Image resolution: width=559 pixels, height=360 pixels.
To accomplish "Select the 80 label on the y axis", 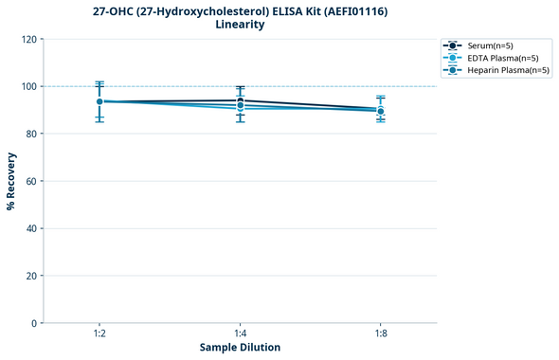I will tap(30, 134).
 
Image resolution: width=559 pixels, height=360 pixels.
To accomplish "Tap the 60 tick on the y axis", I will tap(30, 181).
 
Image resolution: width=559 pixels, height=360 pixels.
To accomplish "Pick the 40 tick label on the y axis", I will tap(30, 228).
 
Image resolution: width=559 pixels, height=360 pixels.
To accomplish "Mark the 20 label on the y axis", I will tap(30, 276).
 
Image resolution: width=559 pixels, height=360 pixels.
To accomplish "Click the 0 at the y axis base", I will tap(33, 323).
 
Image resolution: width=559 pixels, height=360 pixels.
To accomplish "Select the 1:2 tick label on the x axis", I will tap(99, 333).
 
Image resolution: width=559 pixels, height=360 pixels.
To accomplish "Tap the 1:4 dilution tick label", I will tap(240, 333).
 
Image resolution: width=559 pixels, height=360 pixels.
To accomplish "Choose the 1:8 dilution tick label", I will tap(380, 333).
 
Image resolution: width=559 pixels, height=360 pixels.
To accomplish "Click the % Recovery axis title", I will tap(11, 181).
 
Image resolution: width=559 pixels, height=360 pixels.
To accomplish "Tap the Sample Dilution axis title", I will tap(240, 348).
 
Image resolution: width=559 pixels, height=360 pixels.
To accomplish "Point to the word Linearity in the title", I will tap(240, 25).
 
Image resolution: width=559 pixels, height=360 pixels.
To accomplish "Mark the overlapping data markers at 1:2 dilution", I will tap(99, 101).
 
